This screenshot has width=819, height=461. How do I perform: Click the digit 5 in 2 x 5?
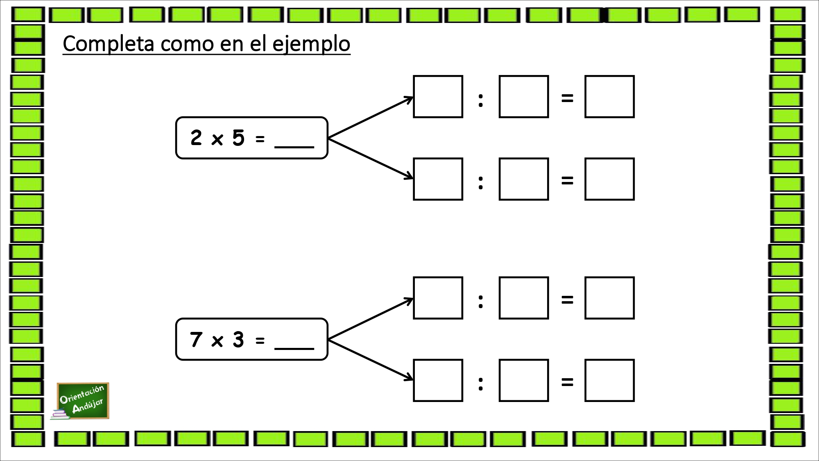pyautogui.click(x=238, y=138)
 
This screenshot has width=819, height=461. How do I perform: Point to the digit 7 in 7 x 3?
pyautogui.click(x=196, y=339)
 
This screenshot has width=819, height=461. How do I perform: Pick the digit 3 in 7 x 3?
pyautogui.click(x=238, y=339)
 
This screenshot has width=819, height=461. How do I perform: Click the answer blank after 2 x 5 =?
pyautogui.click(x=294, y=146)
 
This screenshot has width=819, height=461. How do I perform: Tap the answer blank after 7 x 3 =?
pyautogui.click(x=294, y=348)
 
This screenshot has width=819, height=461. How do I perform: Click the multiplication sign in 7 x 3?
pyautogui.click(x=217, y=341)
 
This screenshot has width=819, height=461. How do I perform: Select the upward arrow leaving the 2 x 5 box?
pyautogui.click(x=370, y=118)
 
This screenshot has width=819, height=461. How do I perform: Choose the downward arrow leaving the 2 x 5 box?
pyautogui.click(x=370, y=159)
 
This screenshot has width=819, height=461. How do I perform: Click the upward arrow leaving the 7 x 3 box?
pyautogui.click(x=370, y=319)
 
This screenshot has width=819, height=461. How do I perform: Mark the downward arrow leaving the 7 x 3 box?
pyautogui.click(x=370, y=360)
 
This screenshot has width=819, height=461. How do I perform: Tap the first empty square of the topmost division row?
pyautogui.click(x=438, y=97)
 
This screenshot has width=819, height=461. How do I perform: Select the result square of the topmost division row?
pyautogui.click(x=610, y=97)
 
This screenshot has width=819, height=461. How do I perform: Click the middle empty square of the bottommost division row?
pyautogui.click(x=524, y=380)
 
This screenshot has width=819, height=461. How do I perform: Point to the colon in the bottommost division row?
pyautogui.click(x=481, y=384)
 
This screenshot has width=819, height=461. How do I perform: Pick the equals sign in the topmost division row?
pyautogui.click(x=567, y=98)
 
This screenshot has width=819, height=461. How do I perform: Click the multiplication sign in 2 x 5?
pyautogui.click(x=217, y=140)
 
